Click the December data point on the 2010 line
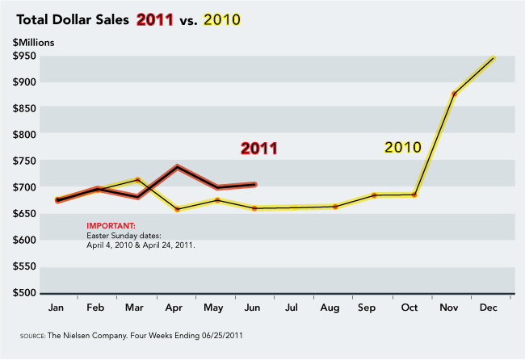click(492, 58)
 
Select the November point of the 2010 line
click(455, 94)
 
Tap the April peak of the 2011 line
click(177, 167)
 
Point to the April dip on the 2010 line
click(177, 209)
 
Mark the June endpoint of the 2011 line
click(254, 185)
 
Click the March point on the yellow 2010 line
click(138, 180)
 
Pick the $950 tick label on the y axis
click(27, 56)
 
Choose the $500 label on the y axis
click(27, 292)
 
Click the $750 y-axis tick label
click(27, 161)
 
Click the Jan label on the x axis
click(56, 309)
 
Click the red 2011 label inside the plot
click(259, 149)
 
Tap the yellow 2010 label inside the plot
click(402, 147)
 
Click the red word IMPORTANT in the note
click(111, 225)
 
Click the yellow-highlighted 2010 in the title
click(231, 19)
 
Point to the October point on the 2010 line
click(414, 195)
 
